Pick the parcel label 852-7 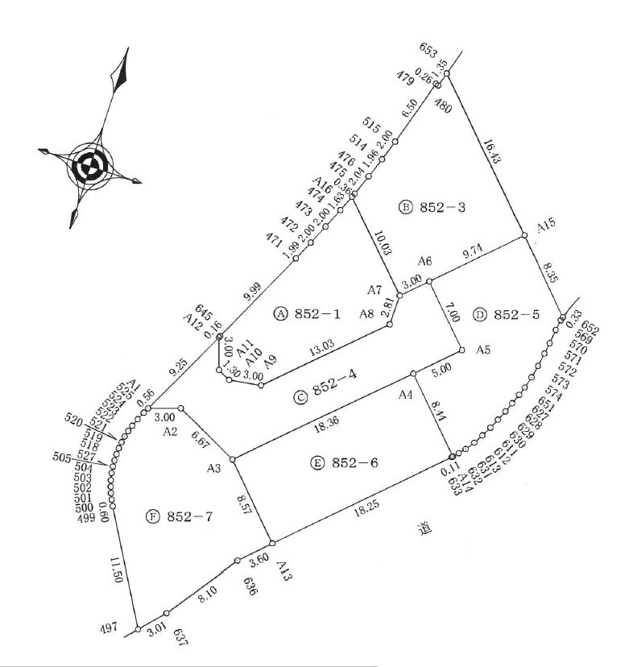pos(190,516)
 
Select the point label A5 pos(483,350)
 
